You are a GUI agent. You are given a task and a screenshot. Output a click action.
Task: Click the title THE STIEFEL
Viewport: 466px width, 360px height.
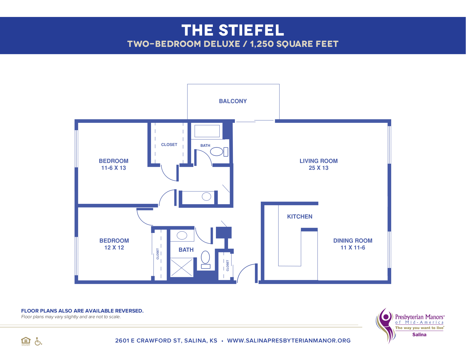(233, 30)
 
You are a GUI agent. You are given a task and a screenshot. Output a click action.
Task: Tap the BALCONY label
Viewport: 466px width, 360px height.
(233, 101)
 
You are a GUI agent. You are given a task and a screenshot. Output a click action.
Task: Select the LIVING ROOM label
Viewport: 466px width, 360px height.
(318, 161)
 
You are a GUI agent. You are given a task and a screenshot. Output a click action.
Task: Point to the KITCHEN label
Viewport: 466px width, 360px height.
(299, 217)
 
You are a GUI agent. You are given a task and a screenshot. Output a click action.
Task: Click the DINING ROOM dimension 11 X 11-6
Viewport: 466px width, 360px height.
(353, 248)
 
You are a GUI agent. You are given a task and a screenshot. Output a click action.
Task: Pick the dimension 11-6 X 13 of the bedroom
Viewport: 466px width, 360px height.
(113, 168)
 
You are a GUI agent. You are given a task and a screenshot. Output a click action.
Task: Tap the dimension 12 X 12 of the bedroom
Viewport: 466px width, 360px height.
(114, 248)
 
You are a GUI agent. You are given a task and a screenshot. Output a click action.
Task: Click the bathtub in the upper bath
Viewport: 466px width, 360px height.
(207, 131)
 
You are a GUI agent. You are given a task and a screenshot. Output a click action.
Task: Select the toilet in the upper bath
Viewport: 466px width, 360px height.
(219, 152)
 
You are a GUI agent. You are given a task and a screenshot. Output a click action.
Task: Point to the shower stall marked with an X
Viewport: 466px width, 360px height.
(182, 268)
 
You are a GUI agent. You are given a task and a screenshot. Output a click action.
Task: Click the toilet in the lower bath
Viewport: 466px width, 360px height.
(205, 259)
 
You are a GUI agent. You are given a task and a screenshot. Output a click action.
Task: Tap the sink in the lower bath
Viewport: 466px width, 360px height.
(182, 235)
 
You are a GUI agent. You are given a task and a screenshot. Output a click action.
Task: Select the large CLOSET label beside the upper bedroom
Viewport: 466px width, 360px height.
(169, 145)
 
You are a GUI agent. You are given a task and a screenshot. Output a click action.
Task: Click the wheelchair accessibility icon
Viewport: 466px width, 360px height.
(38, 341)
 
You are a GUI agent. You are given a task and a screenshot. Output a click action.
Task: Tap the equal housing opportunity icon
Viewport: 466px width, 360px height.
(26, 341)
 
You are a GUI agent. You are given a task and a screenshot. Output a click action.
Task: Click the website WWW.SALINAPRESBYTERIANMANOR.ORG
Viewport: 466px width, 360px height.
(289, 341)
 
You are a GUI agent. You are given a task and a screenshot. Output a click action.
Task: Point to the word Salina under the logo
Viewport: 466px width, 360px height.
(419, 335)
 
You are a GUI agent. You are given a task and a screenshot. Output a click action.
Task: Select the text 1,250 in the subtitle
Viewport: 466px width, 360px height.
(262, 44)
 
